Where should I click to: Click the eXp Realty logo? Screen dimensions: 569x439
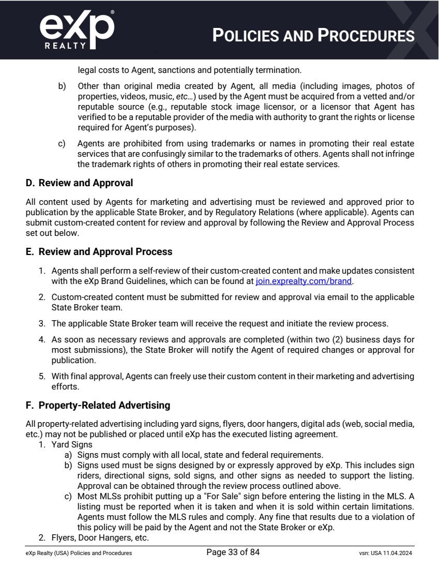point(77,30)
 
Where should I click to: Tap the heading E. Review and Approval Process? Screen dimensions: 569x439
point(99,252)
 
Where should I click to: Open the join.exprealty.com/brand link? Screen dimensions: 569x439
point(304,282)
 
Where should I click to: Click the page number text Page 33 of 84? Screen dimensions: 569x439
point(233,552)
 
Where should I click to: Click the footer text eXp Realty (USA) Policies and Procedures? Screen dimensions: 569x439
point(79,553)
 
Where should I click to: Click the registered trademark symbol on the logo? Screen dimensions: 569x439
point(113,11)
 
